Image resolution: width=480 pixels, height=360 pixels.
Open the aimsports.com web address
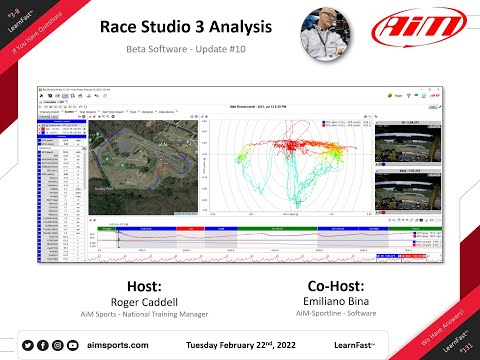[119, 344]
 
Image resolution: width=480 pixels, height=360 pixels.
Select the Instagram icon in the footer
[57, 344]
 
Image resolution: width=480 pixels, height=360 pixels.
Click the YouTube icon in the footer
[73, 344]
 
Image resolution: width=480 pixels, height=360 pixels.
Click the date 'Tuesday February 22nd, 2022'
[242, 344]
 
